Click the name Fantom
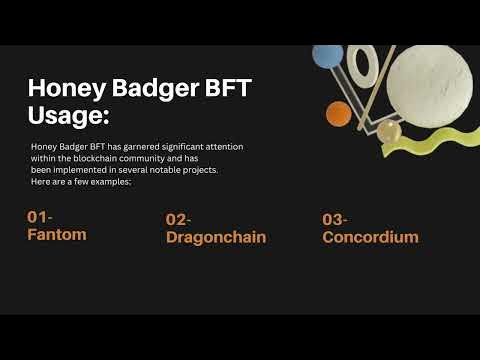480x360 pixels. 57,234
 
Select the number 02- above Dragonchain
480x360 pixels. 179,219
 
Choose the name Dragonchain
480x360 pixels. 216,237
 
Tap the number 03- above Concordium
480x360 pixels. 335,219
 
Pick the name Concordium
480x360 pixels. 370,237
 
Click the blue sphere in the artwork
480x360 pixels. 327,56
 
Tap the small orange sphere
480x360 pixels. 339,114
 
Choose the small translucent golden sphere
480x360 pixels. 389,130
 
